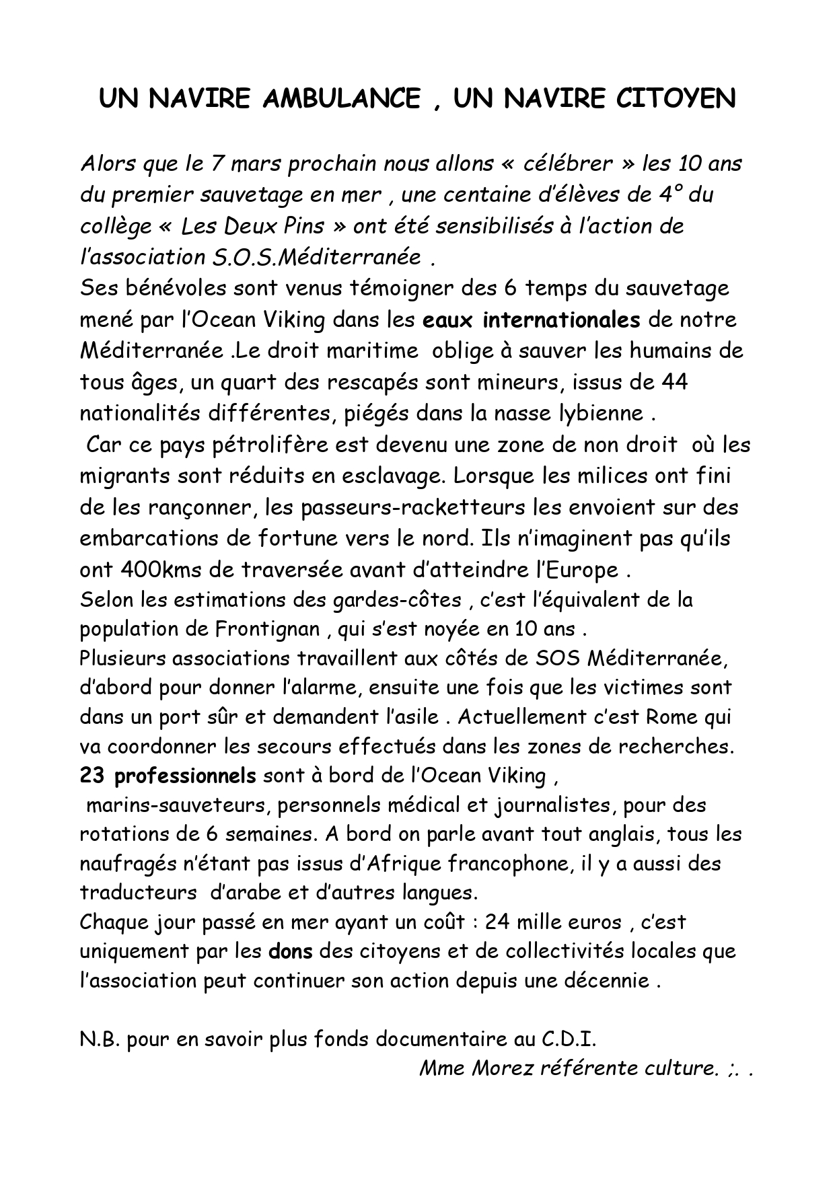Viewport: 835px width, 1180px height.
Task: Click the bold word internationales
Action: tap(561, 320)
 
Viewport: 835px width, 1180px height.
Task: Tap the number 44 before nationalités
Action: tap(674, 382)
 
